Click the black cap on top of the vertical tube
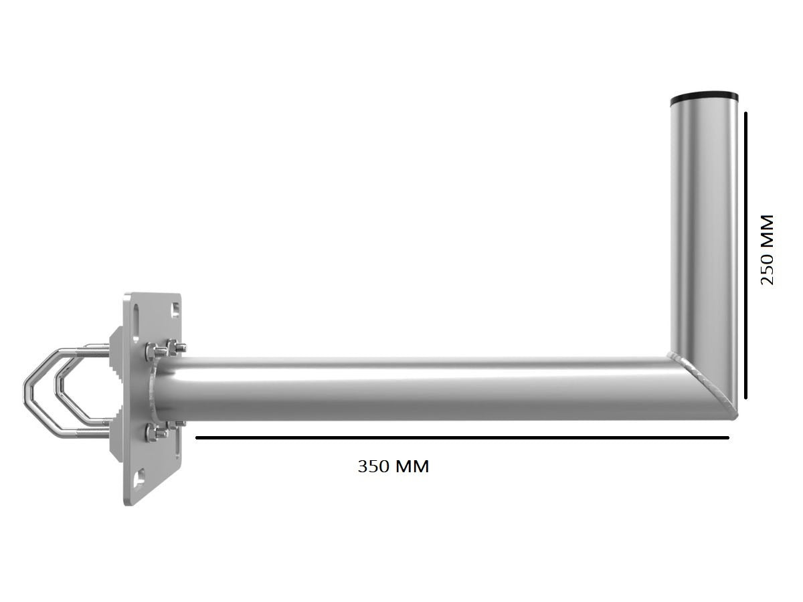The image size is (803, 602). [704, 96]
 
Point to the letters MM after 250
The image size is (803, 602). [767, 229]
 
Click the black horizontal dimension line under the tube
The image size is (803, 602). [462, 438]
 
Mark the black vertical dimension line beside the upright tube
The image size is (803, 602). [745, 254]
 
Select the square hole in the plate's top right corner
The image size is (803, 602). [175, 309]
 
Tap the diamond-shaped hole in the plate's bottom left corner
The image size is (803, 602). [139, 479]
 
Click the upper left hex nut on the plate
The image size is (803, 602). [151, 350]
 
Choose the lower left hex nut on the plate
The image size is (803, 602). [151, 433]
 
